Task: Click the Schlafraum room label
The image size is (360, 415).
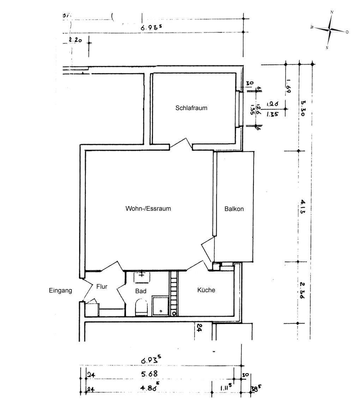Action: (191, 108)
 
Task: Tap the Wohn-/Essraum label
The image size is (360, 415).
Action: (148, 209)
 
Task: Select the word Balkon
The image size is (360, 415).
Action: (234, 209)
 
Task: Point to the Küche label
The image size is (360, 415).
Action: (206, 290)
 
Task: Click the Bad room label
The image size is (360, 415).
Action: (141, 291)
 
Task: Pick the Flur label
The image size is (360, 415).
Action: (102, 287)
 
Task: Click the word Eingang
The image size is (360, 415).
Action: (60, 291)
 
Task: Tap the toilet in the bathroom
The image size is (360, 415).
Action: (141, 307)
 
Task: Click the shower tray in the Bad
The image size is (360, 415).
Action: (161, 306)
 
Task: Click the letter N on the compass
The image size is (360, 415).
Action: (332, 12)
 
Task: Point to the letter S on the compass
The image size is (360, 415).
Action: (327, 47)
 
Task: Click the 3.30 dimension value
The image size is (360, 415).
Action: (303, 105)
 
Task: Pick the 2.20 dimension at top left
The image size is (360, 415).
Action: (75, 40)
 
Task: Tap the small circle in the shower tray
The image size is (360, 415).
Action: (161, 311)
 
